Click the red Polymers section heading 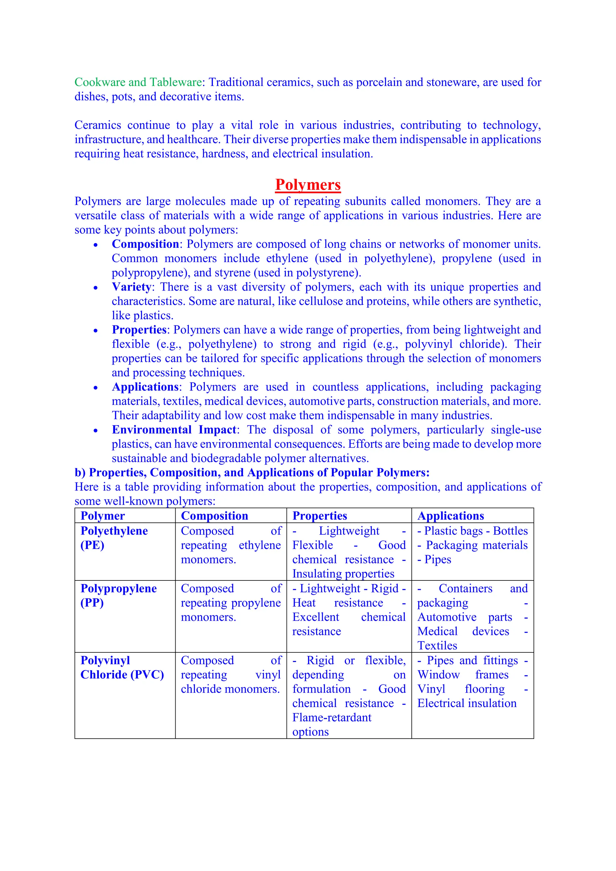tap(308, 185)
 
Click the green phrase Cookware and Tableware tap(138, 82)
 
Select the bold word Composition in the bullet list tap(145, 244)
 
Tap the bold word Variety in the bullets tap(131, 287)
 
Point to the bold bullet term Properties tap(139, 330)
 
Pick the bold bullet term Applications tap(145, 387)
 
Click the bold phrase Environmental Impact tap(174, 430)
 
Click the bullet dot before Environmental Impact tap(96, 431)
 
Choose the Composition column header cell tap(214, 516)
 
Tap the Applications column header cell tap(451, 516)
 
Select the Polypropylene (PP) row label tap(118, 595)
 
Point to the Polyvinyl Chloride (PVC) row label tap(122, 667)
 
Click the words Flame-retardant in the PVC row tap(331, 718)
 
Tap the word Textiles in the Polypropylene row tap(437, 646)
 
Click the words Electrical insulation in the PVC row tap(467, 703)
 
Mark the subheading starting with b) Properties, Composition tap(252, 473)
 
